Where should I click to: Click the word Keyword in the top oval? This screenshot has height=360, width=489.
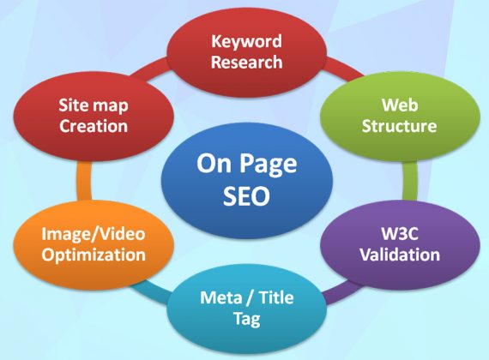point(247,42)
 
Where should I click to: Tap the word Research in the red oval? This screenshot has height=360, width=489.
point(247,62)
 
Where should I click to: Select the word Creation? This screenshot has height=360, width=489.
point(94,126)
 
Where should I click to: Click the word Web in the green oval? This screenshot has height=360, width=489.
point(400,105)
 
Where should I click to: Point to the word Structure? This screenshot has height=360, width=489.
point(399,126)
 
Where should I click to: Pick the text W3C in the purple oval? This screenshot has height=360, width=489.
point(400,234)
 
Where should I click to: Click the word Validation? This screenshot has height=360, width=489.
point(400,255)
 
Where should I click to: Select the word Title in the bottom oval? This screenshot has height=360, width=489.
point(276,297)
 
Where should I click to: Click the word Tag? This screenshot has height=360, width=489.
point(247,319)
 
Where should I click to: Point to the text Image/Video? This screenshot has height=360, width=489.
point(94,234)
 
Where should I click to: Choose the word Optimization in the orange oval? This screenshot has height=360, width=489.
point(94,255)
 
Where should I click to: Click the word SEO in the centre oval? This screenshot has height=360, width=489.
point(246,196)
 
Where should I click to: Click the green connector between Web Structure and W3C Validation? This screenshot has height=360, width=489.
point(410,181)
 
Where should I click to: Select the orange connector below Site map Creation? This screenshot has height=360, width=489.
point(84,181)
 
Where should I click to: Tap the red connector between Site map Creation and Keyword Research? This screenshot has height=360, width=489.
point(149,69)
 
